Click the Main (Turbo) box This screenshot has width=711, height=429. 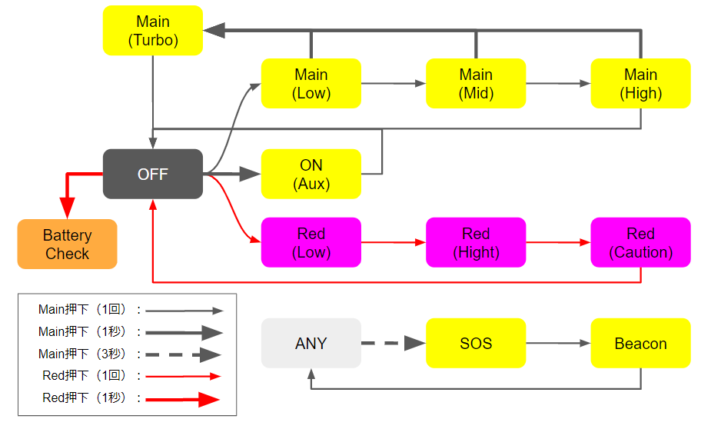click(153, 31)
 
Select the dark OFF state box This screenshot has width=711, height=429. click(153, 175)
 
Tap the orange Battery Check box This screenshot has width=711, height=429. click(68, 244)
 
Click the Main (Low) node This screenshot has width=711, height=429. click(311, 84)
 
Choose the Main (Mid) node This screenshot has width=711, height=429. click(476, 84)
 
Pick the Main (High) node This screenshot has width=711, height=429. click(640, 84)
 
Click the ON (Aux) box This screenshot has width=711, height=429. click(311, 175)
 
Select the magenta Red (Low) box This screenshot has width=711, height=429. click(311, 242)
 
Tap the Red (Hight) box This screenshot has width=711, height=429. click(476, 242)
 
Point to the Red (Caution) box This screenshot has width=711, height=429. click(640, 242)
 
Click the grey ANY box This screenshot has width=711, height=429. click(311, 344)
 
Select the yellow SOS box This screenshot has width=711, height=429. click(476, 344)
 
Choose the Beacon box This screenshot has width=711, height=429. click(640, 344)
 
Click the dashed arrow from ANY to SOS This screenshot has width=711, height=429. click(393, 344)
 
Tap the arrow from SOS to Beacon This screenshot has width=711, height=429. click(558, 344)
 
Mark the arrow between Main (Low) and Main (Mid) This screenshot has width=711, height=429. click(393, 83)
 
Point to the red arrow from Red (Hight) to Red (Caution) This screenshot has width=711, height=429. click(558, 242)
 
